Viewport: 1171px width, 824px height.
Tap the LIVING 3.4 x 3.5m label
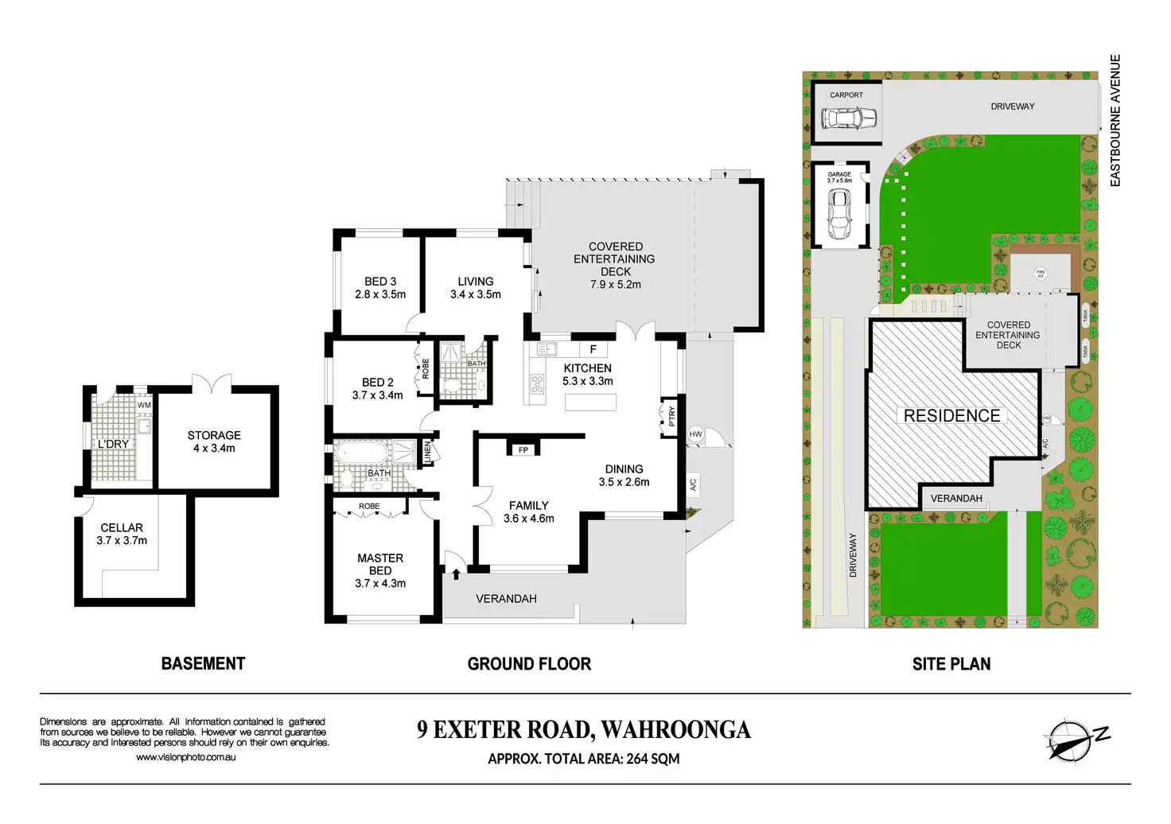(476, 288)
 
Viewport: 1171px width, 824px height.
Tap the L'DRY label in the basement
(113, 444)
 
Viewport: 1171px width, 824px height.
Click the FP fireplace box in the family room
(523, 450)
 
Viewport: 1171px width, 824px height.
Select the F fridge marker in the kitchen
(593, 349)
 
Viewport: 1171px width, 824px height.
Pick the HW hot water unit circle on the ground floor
(696, 434)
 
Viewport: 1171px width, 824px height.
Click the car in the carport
(849, 119)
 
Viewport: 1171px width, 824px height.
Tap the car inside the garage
(838, 215)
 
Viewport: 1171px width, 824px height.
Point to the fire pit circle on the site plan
(1041, 274)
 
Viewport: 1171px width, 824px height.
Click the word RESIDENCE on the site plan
(952, 416)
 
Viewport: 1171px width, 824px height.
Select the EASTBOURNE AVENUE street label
(1115, 120)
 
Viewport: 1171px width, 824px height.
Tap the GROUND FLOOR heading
(529, 664)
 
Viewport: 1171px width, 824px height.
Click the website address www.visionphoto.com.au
(185, 757)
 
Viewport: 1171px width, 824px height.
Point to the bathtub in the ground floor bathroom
(362, 454)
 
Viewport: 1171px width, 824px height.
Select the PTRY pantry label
(672, 416)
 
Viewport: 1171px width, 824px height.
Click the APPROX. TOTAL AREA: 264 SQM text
(584, 759)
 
